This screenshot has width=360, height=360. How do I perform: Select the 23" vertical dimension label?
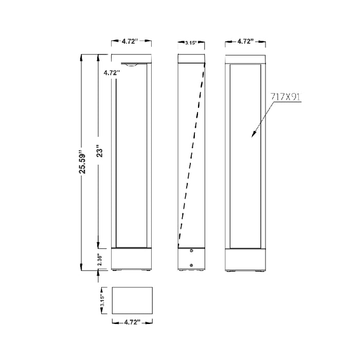point(100,151)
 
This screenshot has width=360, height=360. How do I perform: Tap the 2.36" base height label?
point(100,259)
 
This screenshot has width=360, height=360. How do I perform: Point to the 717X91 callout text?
point(285,97)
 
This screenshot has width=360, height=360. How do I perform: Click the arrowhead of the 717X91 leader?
point(253,135)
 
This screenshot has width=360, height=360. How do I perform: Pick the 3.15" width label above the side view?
point(191,43)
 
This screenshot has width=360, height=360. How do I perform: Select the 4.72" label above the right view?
point(245,41)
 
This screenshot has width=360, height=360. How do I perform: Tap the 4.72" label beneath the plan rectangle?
point(132,322)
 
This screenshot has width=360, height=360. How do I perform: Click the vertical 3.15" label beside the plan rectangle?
point(102,300)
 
